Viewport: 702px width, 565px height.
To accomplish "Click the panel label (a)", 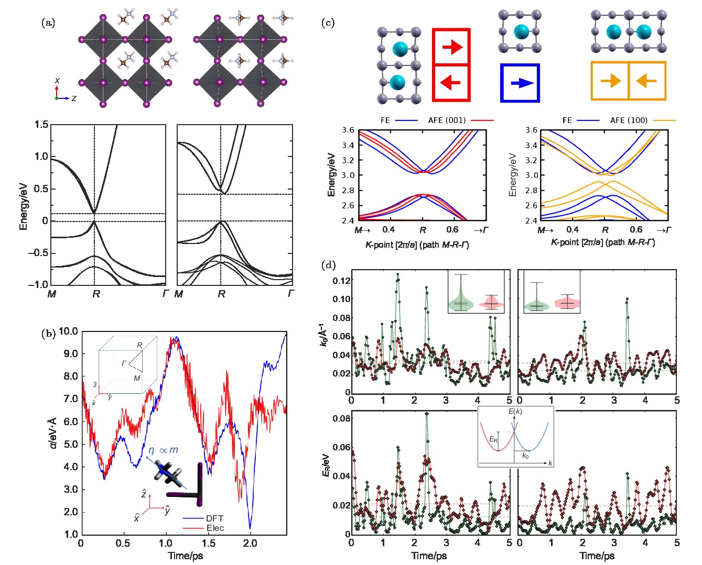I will [x=48, y=23].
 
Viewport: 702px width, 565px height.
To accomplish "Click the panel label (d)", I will [x=328, y=265].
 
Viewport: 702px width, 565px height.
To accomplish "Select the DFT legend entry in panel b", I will [x=214, y=518].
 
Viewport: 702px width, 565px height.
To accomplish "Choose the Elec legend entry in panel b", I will [x=215, y=528].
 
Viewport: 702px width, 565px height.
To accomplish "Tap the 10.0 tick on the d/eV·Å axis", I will [x=68, y=331].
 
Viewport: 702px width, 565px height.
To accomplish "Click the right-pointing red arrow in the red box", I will [x=451, y=47].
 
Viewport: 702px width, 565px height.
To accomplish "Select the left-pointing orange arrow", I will [x=646, y=81].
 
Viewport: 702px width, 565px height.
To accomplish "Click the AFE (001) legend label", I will [x=447, y=120].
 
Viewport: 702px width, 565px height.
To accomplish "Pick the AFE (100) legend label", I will [x=629, y=120].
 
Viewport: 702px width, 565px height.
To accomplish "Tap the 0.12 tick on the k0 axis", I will [x=341, y=281].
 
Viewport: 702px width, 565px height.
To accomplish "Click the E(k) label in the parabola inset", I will [x=515, y=412].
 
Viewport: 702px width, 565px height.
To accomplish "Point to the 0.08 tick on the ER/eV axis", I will [x=341, y=418].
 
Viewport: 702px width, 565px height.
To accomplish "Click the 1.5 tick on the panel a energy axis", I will [x=41, y=125].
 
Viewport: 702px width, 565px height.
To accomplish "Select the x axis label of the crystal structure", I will [x=57, y=80].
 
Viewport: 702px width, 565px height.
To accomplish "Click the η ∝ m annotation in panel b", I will [x=163, y=450].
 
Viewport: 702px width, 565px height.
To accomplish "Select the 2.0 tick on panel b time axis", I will [x=250, y=543].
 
